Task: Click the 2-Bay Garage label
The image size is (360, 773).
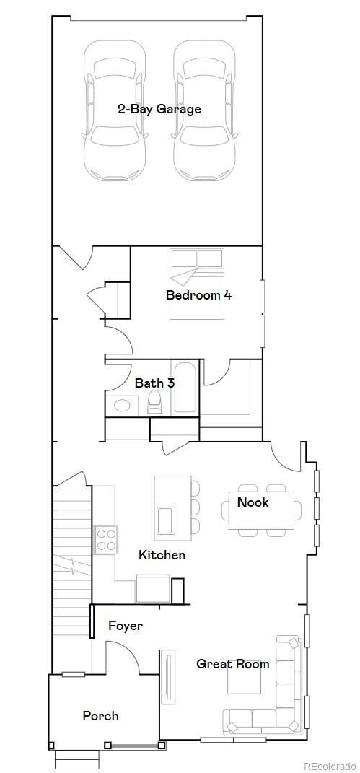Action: (159, 110)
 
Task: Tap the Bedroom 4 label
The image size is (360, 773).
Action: (198, 295)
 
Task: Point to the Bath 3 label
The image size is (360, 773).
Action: (154, 383)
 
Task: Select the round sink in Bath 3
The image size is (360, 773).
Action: (123, 405)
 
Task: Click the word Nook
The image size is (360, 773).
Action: (253, 502)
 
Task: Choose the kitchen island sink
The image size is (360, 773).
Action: (167, 518)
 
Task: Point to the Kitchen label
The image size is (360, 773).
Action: (162, 555)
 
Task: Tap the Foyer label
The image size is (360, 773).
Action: (126, 626)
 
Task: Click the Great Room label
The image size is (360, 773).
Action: (233, 664)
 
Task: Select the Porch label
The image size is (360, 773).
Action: (100, 716)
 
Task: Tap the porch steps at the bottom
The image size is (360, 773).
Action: (77, 759)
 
